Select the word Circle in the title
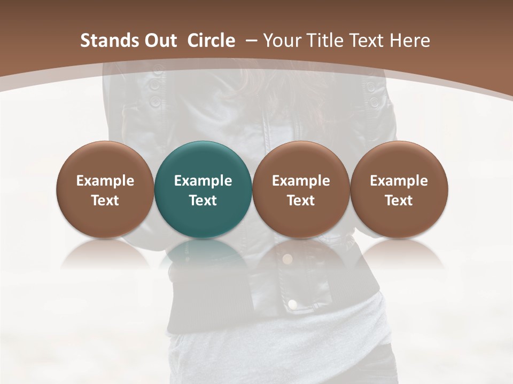point(211,41)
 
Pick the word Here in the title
point(410,41)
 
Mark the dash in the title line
point(251,41)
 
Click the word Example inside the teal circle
point(203,181)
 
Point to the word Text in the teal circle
point(203,201)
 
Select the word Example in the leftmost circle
point(105,181)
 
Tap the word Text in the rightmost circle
point(399,201)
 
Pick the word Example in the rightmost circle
point(399,181)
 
